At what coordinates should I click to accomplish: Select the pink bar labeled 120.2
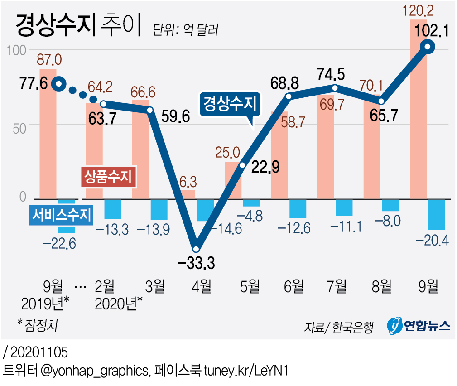pos(418,109)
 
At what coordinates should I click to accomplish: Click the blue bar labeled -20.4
pos(437,214)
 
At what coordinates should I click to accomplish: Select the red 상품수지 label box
pos(108,176)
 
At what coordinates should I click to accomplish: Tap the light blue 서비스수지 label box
pos(62,214)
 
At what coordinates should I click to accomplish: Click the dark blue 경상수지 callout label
pos(230,105)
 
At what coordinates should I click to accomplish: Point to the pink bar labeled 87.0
pos(48,134)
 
